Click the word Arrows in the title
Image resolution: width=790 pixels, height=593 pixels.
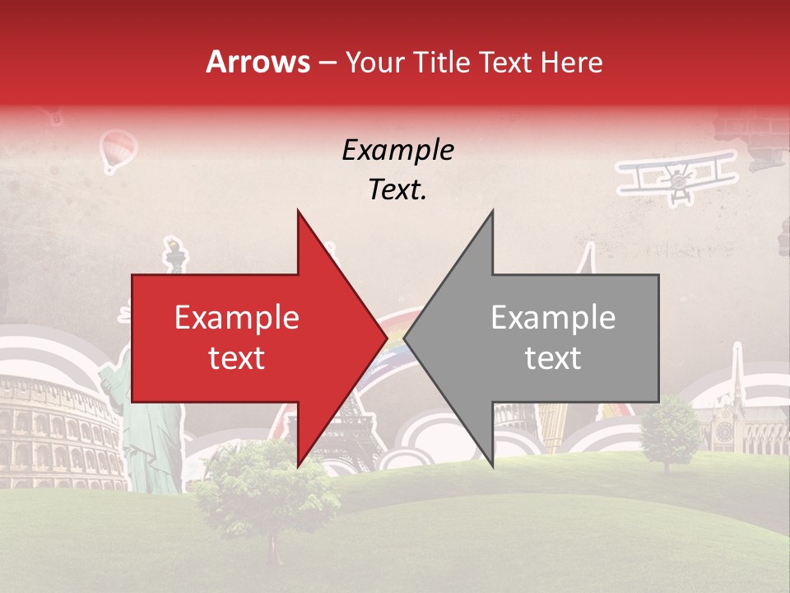pyautogui.click(x=258, y=62)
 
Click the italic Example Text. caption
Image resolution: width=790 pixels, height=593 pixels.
pyautogui.click(x=397, y=170)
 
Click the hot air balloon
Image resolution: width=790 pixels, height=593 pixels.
pyautogui.click(x=118, y=152)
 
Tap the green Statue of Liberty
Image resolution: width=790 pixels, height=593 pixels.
pyautogui.click(x=148, y=437)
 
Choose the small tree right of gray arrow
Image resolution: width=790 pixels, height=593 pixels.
pyautogui.click(x=668, y=432)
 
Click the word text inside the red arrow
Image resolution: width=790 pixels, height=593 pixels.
pyautogui.click(x=236, y=358)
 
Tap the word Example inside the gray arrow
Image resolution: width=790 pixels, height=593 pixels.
pyautogui.click(x=553, y=318)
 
